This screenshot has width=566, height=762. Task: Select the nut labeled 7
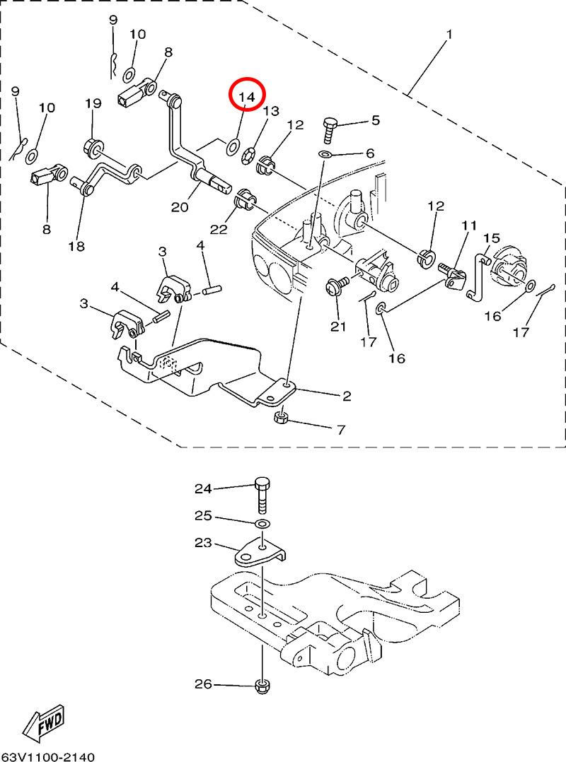point(280,418)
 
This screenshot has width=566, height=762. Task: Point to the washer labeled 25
point(262,523)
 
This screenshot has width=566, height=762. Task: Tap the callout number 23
point(204,543)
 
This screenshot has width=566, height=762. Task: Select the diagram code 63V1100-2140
point(47,756)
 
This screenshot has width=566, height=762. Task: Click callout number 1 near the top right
point(449,33)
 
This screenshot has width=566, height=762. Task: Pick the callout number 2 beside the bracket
point(347,397)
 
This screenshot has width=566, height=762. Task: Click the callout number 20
point(180,206)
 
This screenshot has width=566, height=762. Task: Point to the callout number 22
point(219,230)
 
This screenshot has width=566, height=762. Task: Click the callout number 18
point(76,246)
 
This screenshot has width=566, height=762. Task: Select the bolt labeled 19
point(92,148)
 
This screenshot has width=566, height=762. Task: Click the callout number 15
point(492,239)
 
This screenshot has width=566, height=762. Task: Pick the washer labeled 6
point(324,154)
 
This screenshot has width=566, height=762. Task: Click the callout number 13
point(272,111)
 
